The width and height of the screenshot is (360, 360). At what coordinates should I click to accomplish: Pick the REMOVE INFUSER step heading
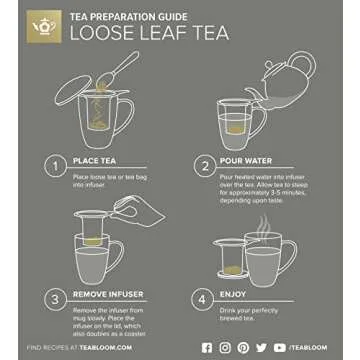click(x=108, y=292)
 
